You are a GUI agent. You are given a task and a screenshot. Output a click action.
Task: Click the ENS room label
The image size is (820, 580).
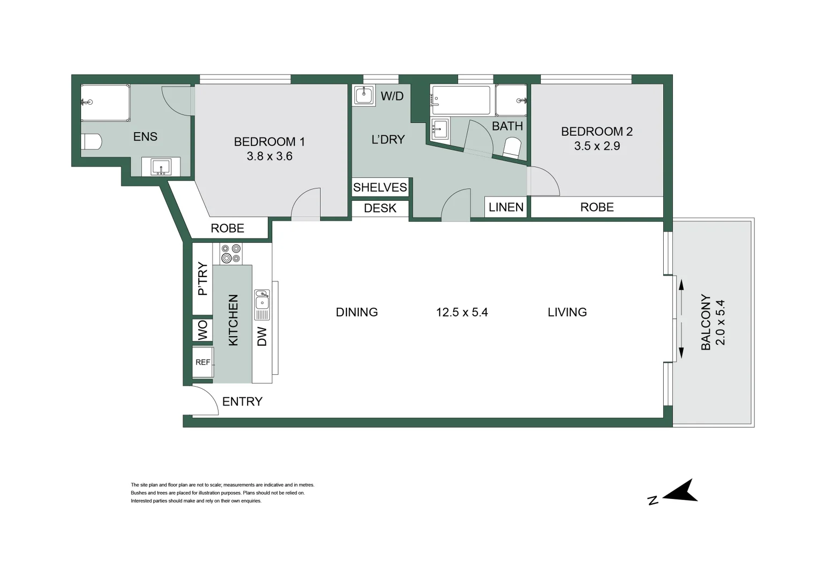(x=145, y=137)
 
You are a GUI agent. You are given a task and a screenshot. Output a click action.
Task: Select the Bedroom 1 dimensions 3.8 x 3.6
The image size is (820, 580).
(x=269, y=156)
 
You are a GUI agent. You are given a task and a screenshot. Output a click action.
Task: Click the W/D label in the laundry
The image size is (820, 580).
(x=391, y=97)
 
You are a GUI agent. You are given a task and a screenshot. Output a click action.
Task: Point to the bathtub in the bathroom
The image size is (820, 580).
(x=461, y=100)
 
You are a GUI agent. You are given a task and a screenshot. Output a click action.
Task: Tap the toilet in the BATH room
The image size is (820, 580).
(x=512, y=147)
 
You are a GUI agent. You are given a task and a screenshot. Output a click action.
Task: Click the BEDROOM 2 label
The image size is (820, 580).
(x=597, y=132)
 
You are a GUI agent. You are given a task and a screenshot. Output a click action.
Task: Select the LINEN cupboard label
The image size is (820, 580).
(x=506, y=207)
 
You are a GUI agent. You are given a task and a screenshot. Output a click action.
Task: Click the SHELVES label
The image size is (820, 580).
(x=380, y=187)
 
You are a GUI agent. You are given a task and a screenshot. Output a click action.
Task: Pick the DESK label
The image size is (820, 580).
(x=380, y=208)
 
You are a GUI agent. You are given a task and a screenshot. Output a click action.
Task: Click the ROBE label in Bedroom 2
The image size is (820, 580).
(x=597, y=207)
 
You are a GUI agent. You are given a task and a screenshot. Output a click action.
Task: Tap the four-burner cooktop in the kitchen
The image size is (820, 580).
(x=231, y=253)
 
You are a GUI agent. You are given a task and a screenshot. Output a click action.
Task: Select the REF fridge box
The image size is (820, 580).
(x=203, y=363)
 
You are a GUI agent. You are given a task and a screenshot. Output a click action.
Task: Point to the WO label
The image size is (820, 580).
(x=202, y=330)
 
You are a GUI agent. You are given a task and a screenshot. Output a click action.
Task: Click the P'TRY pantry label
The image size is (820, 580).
(x=202, y=278)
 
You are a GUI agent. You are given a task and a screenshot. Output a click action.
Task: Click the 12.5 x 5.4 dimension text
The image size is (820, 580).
(x=462, y=313)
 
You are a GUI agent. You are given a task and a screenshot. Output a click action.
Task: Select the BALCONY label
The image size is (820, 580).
(x=706, y=322)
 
